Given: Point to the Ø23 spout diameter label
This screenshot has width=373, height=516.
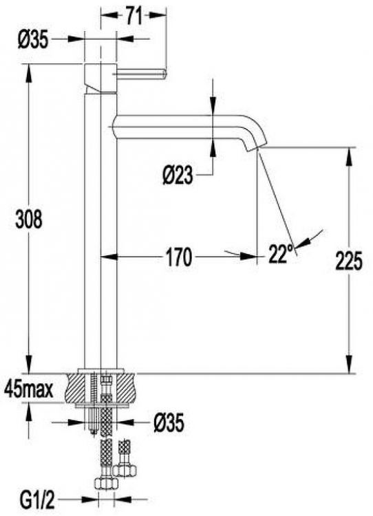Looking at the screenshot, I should [x=178, y=177].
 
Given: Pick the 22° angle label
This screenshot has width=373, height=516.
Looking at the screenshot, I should [x=281, y=255].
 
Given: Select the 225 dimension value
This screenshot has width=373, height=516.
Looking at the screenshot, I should [x=350, y=261].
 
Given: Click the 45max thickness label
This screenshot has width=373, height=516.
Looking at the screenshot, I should [x=28, y=389].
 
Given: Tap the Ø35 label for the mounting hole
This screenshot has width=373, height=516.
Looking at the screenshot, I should [x=168, y=423].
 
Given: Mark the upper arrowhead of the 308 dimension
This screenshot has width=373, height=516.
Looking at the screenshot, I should [x=29, y=69].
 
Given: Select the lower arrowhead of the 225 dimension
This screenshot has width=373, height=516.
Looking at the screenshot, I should [x=350, y=367].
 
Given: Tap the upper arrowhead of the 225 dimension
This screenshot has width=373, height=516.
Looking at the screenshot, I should [x=350, y=153].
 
